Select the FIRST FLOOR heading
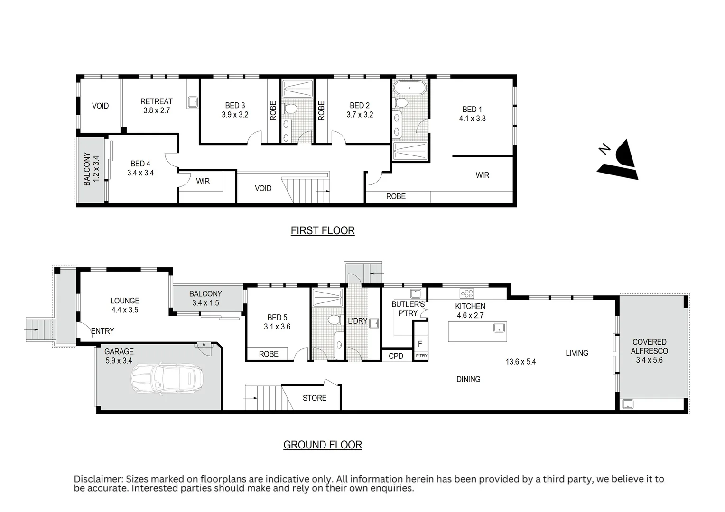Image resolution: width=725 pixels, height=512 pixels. click(323, 230)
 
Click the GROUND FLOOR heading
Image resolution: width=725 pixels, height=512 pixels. click(323, 445)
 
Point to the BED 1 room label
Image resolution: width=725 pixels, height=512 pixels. click(472, 110)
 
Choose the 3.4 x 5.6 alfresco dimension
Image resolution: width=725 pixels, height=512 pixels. click(649, 360)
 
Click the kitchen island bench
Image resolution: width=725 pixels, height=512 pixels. click(477, 332)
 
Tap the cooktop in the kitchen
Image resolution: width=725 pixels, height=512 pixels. click(467, 293)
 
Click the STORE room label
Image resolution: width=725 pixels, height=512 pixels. click(315, 398)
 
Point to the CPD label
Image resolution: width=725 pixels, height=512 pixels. click(396, 356)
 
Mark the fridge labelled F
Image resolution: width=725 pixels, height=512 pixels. click(420, 344)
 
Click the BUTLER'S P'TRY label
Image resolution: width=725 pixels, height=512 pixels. click(408, 309)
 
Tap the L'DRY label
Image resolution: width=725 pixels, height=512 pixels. click(357, 321)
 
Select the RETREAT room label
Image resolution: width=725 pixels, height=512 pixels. click(157, 101)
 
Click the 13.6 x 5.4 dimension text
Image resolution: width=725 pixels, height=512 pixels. click(521, 362)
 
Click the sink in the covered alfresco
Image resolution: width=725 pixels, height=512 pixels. click(628, 404)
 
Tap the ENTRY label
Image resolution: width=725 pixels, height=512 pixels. click(102, 331)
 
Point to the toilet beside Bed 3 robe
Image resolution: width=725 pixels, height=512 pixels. click(290, 109)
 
